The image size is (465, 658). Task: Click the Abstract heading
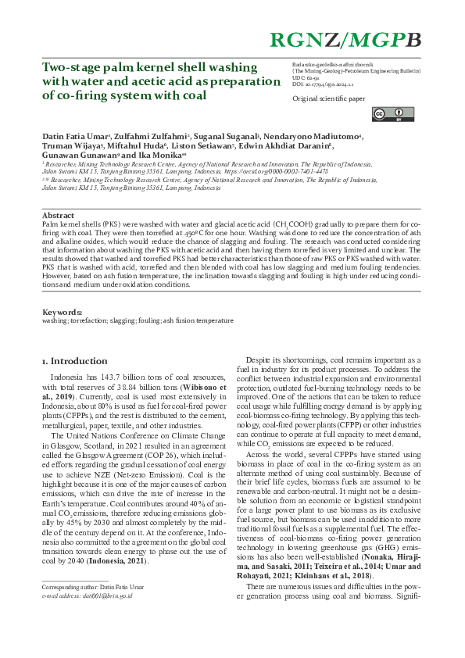[58, 214]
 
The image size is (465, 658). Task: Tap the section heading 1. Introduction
[74, 361]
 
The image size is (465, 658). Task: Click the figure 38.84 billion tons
[126, 387]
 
